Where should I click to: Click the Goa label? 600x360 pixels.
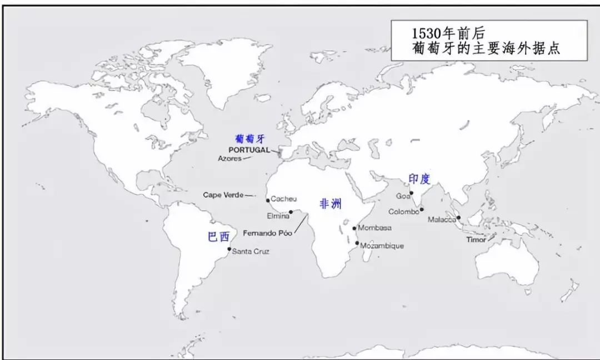(402, 196)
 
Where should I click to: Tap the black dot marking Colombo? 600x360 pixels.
(422, 209)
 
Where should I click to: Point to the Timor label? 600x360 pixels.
(476, 240)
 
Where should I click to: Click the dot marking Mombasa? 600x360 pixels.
(354, 228)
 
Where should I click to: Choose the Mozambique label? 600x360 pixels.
(382, 246)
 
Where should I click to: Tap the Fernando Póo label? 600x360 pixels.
(268, 232)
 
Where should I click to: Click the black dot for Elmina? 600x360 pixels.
(291, 212)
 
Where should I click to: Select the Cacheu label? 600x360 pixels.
(284, 199)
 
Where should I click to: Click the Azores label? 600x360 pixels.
(229, 158)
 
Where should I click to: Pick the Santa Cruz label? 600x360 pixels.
(251, 252)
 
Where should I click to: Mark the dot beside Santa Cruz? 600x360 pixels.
(229, 249)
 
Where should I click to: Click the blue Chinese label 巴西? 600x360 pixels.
(218, 237)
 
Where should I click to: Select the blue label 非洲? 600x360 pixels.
(331, 204)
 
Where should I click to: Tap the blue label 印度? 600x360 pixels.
(419, 179)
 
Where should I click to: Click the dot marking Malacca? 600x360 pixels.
(459, 218)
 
